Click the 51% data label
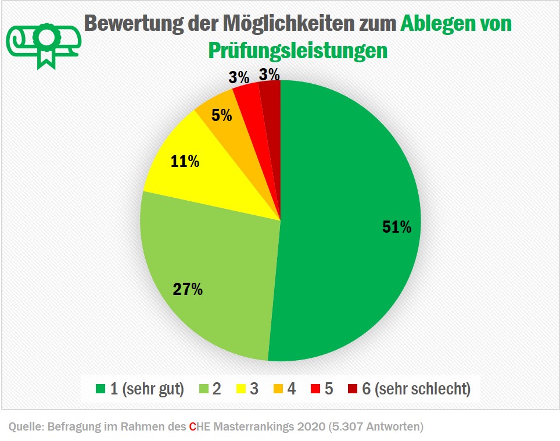coord(397,227)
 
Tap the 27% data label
coord(188,289)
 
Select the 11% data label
coord(185,162)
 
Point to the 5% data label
coord(221,115)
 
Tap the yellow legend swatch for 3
coord(238,389)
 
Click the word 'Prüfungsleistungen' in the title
coord(297,50)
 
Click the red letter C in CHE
coord(192,427)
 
